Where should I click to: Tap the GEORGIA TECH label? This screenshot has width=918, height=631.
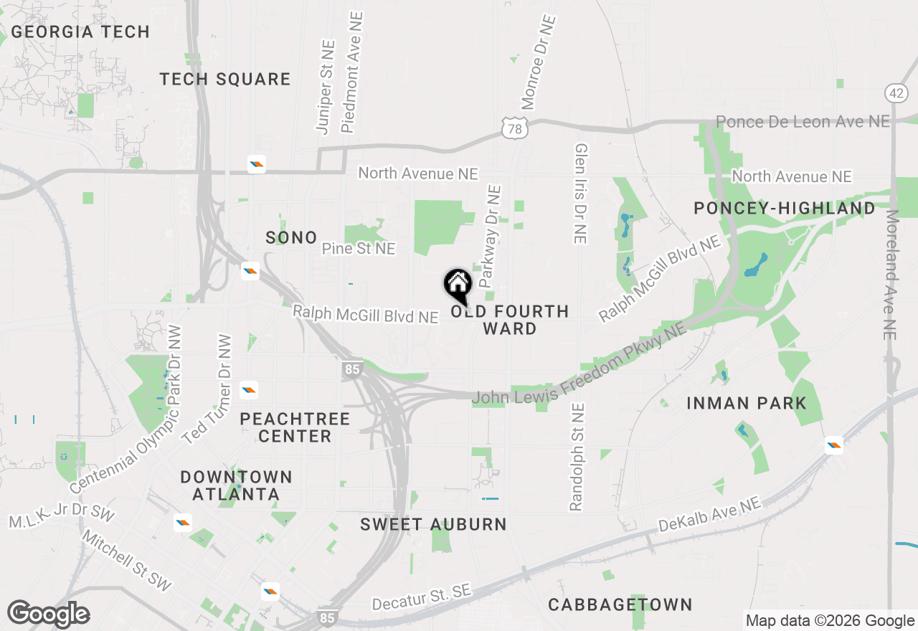coord(80,32)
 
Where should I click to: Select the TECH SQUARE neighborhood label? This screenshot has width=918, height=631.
coord(225,79)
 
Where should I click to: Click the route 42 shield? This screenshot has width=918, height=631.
coord(896,93)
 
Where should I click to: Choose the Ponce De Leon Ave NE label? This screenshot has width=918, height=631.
coord(803,122)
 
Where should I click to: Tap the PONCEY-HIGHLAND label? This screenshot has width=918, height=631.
coord(785,208)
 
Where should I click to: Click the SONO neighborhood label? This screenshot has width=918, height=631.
coord(291,237)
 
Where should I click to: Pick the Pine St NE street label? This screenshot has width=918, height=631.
coord(359,249)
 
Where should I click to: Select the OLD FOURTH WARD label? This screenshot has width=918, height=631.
coord(510,320)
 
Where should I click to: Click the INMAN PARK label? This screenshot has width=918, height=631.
coord(747,403)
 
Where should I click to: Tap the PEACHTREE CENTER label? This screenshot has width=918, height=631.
coord(295,427)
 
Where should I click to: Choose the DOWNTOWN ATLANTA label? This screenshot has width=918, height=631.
coord(236,485)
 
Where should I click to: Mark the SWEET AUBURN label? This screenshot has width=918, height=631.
coord(433,524)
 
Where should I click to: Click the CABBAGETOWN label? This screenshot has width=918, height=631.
coord(620,604)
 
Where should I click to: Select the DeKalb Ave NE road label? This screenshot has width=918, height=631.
coord(709,515)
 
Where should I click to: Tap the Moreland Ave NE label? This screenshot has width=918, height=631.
coord(891,275)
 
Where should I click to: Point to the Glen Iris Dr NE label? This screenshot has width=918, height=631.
coord(580,192)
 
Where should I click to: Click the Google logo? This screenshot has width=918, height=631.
coord(48,614)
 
